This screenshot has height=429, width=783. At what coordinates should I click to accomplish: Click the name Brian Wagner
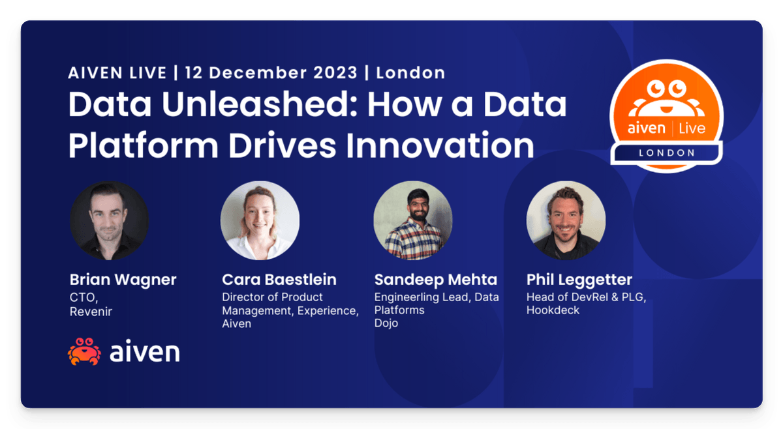[x=123, y=280]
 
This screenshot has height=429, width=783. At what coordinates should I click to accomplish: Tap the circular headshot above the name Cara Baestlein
[x=260, y=220]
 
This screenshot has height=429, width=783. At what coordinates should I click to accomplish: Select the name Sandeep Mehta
[x=435, y=280]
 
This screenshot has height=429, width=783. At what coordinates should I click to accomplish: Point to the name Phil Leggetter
[x=579, y=280]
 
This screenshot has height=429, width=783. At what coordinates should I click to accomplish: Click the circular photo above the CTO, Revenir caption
[x=109, y=220]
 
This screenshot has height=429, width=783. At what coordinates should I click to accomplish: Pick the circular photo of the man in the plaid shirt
[x=413, y=220]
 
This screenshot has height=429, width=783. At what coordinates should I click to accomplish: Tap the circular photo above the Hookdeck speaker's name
[x=566, y=220]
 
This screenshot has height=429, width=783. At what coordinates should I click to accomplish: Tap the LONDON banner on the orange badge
[x=666, y=153]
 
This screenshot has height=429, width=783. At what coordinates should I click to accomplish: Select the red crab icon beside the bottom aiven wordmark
[x=84, y=351]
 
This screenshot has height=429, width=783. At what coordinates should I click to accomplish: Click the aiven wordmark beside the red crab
[x=144, y=352]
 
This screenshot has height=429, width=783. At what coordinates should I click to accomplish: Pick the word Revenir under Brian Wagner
[x=91, y=312]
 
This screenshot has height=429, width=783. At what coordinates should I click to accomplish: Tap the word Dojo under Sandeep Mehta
[x=387, y=323]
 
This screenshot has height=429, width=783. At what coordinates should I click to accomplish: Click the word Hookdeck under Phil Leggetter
[x=553, y=310]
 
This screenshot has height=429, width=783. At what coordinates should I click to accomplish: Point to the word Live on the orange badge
[x=692, y=128]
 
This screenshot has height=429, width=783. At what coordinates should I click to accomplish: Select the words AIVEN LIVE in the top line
[x=117, y=72]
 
